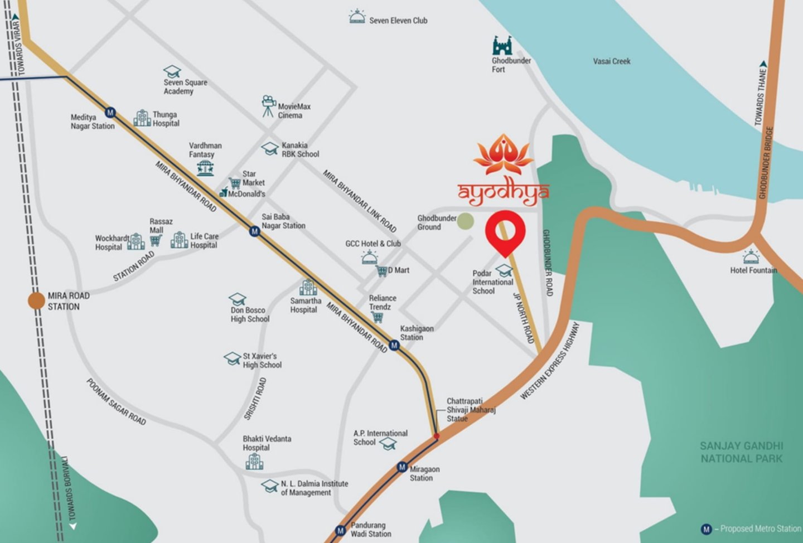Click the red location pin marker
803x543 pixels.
coord(505,232)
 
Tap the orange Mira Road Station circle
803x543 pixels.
coord(37,301)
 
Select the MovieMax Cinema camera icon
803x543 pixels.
coord(269,106)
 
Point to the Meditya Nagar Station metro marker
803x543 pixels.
coord(110,113)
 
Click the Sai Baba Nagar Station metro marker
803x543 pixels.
coord(254,230)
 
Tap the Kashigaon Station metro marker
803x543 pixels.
coord(394,346)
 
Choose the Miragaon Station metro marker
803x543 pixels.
coord(402,467)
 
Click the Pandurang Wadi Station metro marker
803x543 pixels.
coord(340,530)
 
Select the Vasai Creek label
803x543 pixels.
coord(612,61)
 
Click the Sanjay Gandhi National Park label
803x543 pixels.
coord(741,452)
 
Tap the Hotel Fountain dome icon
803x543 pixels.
coord(751,257)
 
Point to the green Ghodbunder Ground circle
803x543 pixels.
coord(466,221)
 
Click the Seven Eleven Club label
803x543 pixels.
coord(398,21)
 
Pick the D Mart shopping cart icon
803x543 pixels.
coord(382,271)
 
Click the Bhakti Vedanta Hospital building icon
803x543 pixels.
coord(254,461)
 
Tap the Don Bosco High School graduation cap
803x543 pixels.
coord(238,299)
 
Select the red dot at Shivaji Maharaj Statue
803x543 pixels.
coord(437,437)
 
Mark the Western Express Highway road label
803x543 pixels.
coord(550,361)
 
